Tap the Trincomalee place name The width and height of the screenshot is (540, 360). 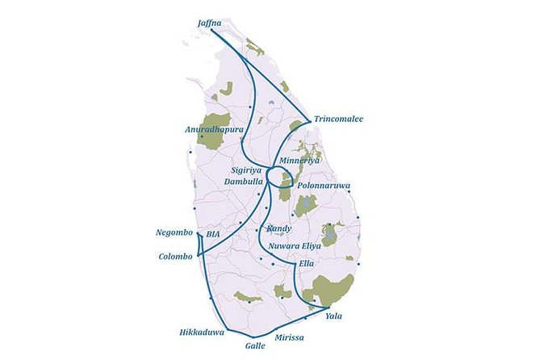(339, 119)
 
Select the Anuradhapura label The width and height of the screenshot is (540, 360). (214, 128)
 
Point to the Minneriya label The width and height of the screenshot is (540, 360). (299, 161)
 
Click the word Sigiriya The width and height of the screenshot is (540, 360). (248, 171)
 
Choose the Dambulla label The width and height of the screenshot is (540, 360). (247, 182)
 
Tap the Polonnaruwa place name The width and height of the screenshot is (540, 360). (324, 186)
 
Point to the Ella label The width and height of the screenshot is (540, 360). (306, 264)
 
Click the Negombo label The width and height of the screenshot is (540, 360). (175, 233)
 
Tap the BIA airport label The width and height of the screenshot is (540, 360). (213, 234)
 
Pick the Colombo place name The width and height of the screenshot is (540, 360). (177, 257)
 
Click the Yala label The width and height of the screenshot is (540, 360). (333, 316)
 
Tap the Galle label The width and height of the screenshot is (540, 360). (255, 345)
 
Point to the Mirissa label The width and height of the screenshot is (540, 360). (289, 337)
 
